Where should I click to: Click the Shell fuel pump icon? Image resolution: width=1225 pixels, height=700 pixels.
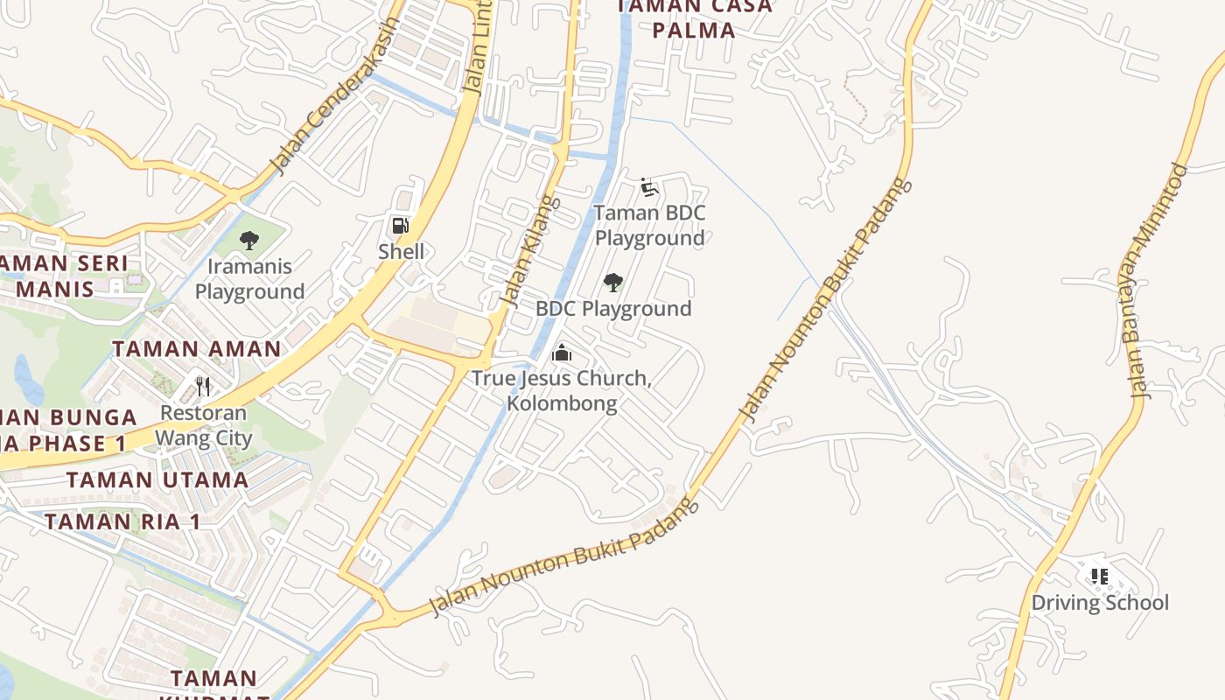tap(401, 226)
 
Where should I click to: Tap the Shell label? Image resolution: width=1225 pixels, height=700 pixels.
tap(401, 252)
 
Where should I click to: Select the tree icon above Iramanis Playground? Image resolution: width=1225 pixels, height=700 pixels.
tap(249, 240)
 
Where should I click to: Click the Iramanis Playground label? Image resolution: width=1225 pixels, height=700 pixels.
tap(249, 279)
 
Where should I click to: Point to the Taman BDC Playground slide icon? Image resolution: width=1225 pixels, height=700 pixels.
tap(648, 187)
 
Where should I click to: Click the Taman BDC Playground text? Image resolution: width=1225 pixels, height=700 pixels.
tap(649, 226)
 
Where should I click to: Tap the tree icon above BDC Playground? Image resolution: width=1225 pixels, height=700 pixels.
tap(613, 283)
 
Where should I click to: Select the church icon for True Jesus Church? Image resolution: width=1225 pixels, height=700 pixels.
tap(562, 353)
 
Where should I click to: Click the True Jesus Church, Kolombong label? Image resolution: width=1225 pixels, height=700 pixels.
tap(562, 391)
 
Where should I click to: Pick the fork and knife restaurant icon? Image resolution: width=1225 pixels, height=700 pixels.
tap(204, 386)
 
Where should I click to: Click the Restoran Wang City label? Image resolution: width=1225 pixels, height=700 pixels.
tap(204, 426)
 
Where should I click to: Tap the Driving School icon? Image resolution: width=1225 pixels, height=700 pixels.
tap(1100, 577)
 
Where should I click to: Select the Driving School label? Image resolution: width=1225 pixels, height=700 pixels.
tap(1100, 603)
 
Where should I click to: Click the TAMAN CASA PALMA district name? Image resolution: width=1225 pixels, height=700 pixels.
tap(694, 18)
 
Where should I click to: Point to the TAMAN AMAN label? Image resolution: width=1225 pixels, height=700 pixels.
tap(197, 349)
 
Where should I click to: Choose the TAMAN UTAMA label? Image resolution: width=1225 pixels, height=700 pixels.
tap(157, 479)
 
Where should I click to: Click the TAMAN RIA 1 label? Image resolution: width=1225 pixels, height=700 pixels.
tap(122, 522)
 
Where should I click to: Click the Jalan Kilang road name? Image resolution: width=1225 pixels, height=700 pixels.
tap(528, 251)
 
